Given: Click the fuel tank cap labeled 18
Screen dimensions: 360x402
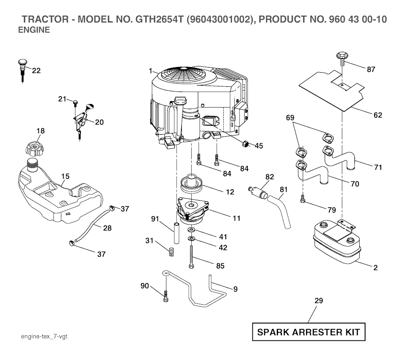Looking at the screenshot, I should [35, 149].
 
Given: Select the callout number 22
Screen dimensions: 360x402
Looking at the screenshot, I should [36, 71].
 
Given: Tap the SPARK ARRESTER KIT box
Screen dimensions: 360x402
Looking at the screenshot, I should [308, 333].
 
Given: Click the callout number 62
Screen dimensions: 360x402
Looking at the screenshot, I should [378, 115].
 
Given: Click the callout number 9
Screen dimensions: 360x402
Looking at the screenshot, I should [235, 289].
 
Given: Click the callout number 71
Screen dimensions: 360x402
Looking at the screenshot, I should [378, 168].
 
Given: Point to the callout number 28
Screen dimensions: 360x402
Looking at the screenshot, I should [107, 228].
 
